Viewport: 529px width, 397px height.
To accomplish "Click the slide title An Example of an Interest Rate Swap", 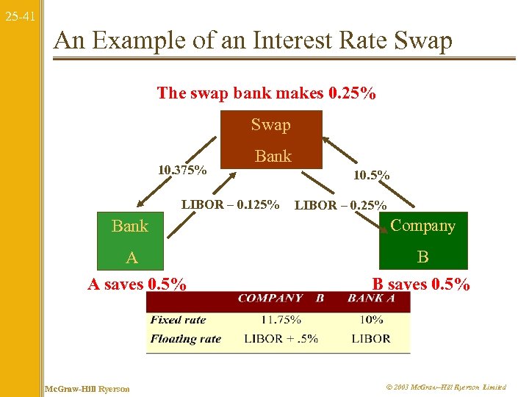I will (253, 41).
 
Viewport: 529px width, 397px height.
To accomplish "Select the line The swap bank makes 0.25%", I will (266, 93).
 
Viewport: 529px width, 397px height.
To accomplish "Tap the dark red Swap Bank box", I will (271, 140).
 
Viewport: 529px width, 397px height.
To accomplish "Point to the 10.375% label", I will (182, 171).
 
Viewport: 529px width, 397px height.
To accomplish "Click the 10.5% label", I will (372, 176).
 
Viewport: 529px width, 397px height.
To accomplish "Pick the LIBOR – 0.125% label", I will (230, 204).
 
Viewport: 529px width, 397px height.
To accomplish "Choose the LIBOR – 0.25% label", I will (340, 205).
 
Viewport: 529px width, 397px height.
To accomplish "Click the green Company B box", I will (422, 240).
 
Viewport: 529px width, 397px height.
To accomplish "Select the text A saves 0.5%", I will (137, 284).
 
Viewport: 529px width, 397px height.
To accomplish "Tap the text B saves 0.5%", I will (421, 284).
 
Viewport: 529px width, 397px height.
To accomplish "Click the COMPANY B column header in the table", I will (281, 298).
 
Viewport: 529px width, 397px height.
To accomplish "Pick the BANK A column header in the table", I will (371, 298).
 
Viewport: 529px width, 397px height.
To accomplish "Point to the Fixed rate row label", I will (178, 320).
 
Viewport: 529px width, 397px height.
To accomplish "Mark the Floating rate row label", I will (185, 339).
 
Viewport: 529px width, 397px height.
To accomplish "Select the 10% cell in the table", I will (372, 320).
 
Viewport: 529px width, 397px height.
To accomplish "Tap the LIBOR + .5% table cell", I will (281, 339).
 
